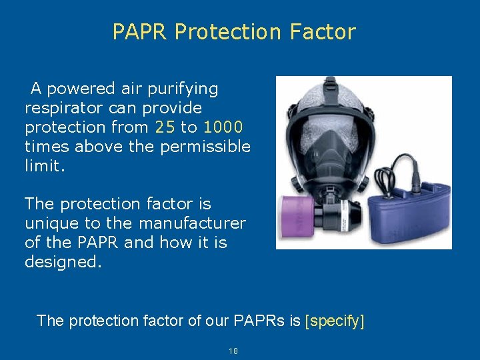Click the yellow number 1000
click(x=223, y=127)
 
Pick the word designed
click(x=63, y=262)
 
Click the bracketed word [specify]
click(x=335, y=321)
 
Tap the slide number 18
click(x=233, y=351)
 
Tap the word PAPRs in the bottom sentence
click(x=260, y=321)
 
